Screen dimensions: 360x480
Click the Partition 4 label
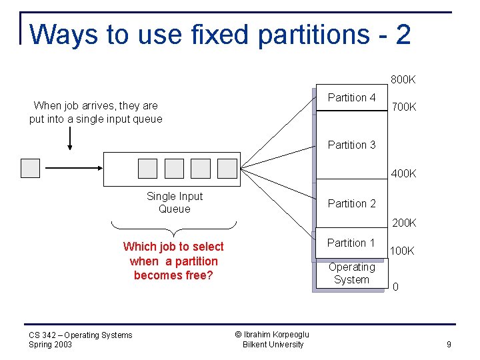(351, 98)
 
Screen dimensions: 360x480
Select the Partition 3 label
(351, 145)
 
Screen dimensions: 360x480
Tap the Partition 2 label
(351, 204)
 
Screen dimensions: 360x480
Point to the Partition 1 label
(351, 243)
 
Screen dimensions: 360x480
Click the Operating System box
(351, 273)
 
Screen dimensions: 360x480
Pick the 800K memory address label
(403, 80)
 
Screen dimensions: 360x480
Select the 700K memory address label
(404, 107)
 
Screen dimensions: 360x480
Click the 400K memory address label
(403, 174)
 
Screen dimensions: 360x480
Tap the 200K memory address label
(403, 223)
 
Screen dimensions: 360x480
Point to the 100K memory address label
(402, 251)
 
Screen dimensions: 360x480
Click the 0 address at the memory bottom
(396, 288)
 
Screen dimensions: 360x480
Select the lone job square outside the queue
(31, 168)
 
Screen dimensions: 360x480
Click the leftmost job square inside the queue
(147, 169)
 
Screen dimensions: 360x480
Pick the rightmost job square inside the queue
(227, 169)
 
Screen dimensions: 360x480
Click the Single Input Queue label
(174, 203)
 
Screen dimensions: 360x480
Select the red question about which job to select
(173, 261)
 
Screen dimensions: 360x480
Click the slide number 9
(449, 345)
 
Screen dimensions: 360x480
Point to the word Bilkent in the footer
(253, 345)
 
